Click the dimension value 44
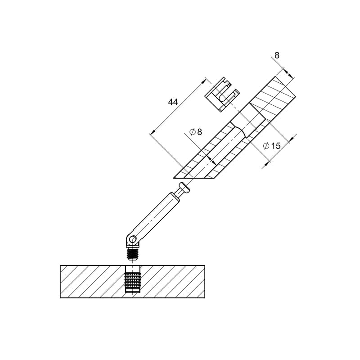pyautogui.click(x=173, y=102)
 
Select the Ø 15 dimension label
pyautogui.click(x=272, y=146)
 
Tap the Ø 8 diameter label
pyautogui.click(x=196, y=132)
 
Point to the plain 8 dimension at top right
pyautogui.click(x=277, y=55)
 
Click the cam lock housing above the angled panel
pyautogui.click(x=222, y=94)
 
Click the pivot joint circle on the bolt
pyautogui.click(x=132, y=240)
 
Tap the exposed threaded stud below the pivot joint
pyautogui.click(x=133, y=254)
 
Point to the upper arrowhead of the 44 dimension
pyautogui.click(x=203, y=81)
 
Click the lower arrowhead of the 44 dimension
pyautogui.click(x=153, y=132)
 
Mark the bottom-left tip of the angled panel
pyautogui.click(x=173, y=178)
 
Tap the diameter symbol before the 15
pyautogui.click(x=266, y=146)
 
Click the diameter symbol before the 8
pyautogui.click(x=193, y=132)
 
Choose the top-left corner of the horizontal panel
pyautogui.click(x=61, y=265)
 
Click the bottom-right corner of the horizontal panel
pyautogui.click(x=205, y=298)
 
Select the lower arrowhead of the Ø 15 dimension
pyautogui.click(x=267, y=163)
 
